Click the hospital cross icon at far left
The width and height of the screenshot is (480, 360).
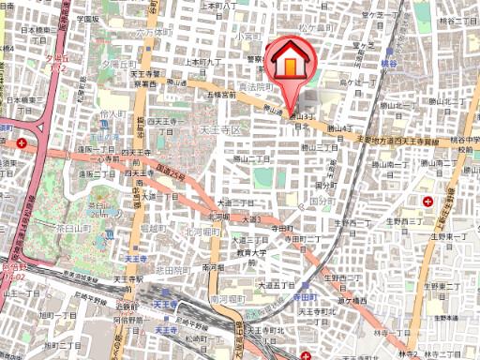click(x=22, y=143)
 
